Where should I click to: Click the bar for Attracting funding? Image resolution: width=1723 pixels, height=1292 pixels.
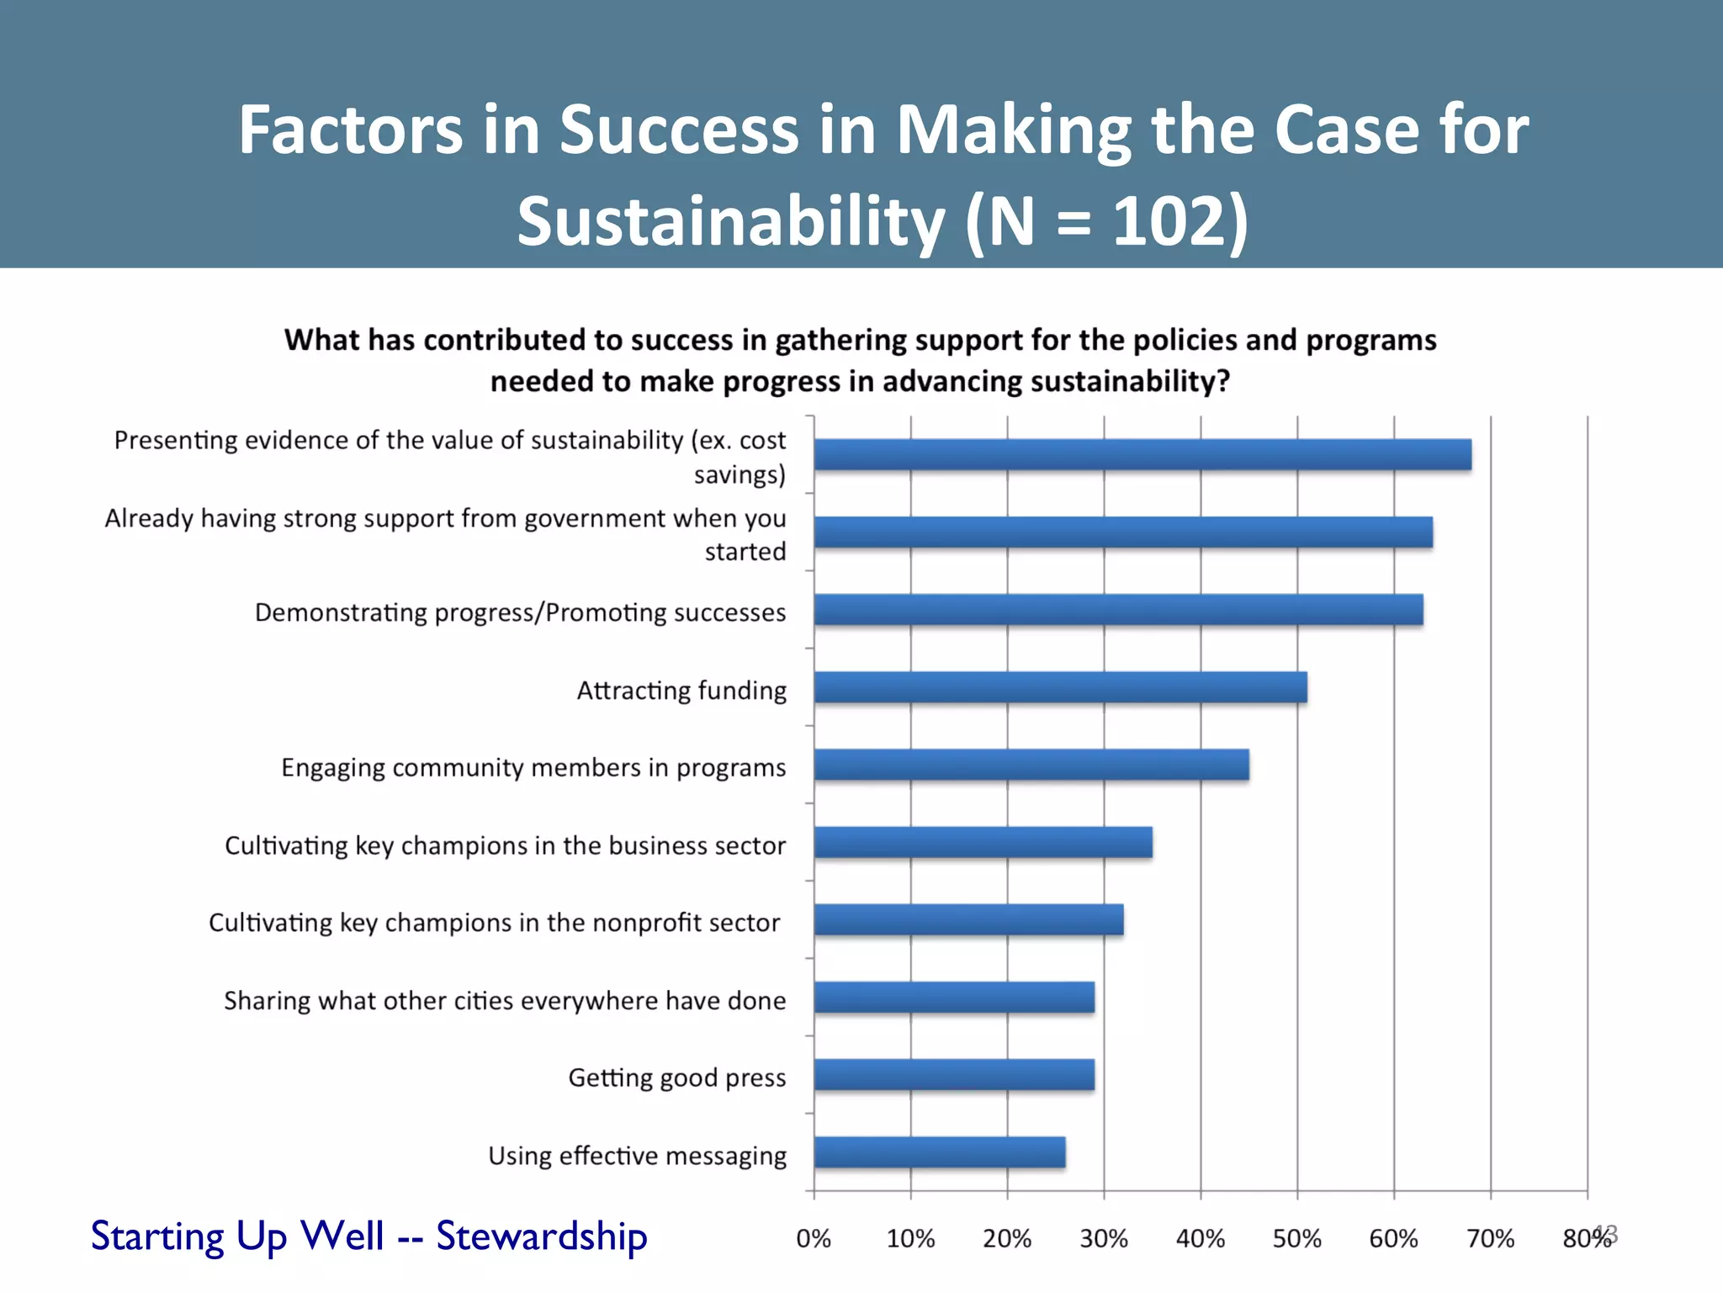click(x=1060, y=687)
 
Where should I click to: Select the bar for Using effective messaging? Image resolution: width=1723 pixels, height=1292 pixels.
click(x=939, y=1152)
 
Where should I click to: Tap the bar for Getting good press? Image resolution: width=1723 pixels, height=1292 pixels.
click(x=954, y=1075)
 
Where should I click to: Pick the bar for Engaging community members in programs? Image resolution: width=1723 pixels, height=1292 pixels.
click(x=1031, y=765)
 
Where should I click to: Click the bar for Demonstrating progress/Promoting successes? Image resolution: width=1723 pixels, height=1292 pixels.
click(x=1118, y=610)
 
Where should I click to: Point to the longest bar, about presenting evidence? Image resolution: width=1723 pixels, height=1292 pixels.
click(x=1142, y=454)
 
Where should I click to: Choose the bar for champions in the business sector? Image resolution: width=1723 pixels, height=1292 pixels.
click(x=983, y=842)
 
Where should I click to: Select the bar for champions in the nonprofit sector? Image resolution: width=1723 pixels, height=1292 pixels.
click(x=968, y=919)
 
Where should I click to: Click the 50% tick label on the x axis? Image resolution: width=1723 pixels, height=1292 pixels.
click(x=1296, y=1238)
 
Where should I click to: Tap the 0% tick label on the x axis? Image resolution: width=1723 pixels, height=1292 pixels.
click(x=814, y=1238)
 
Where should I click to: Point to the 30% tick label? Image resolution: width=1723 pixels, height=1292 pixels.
click(x=1104, y=1238)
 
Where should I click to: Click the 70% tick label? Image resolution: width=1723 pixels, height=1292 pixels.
click(x=1490, y=1238)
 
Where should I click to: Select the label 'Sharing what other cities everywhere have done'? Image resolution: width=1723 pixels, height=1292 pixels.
click(x=505, y=1000)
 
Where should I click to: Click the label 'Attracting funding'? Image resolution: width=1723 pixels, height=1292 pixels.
click(x=681, y=691)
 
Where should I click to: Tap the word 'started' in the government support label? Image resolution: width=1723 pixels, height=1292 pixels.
click(x=745, y=552)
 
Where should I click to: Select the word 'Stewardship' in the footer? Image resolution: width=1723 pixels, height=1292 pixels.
click(x=541, y=1236)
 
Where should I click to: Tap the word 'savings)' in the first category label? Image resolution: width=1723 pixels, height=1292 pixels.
click(x=740, y=475)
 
